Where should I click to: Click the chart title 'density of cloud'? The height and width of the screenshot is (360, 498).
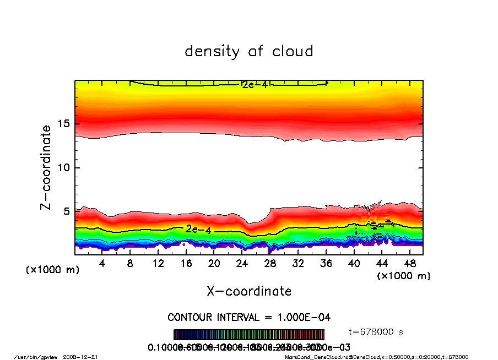[x=248, y=51]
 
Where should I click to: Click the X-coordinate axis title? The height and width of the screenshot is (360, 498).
[x=249, y=291]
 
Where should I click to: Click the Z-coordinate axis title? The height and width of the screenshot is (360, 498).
[x=46, y=167]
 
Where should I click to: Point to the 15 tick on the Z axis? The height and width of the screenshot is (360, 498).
[x=64, y=123]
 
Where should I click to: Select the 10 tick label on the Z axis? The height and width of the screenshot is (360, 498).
[x=64, y=167]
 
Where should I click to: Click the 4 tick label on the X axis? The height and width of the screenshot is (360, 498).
[x=102, y=264]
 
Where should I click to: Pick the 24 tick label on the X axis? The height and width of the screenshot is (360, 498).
[x=242, y=264]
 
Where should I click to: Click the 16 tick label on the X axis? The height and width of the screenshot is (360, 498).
[x=186, y=264]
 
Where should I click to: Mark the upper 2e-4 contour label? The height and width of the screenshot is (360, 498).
[x=254, y=85]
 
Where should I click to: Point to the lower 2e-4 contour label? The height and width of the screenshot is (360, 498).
[x=198, y=229]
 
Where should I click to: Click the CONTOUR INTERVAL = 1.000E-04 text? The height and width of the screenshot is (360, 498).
[x=249, y=318]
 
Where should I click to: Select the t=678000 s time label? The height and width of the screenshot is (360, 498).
[x=377, y=332]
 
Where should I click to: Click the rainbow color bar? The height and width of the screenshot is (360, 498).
[x=249, y=335]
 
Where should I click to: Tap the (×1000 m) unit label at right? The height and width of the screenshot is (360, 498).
[x=404, y=276]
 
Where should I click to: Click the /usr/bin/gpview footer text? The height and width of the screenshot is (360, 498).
[x=35, y=357]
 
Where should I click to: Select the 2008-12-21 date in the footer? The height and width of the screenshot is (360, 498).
[x=87, y=357]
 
